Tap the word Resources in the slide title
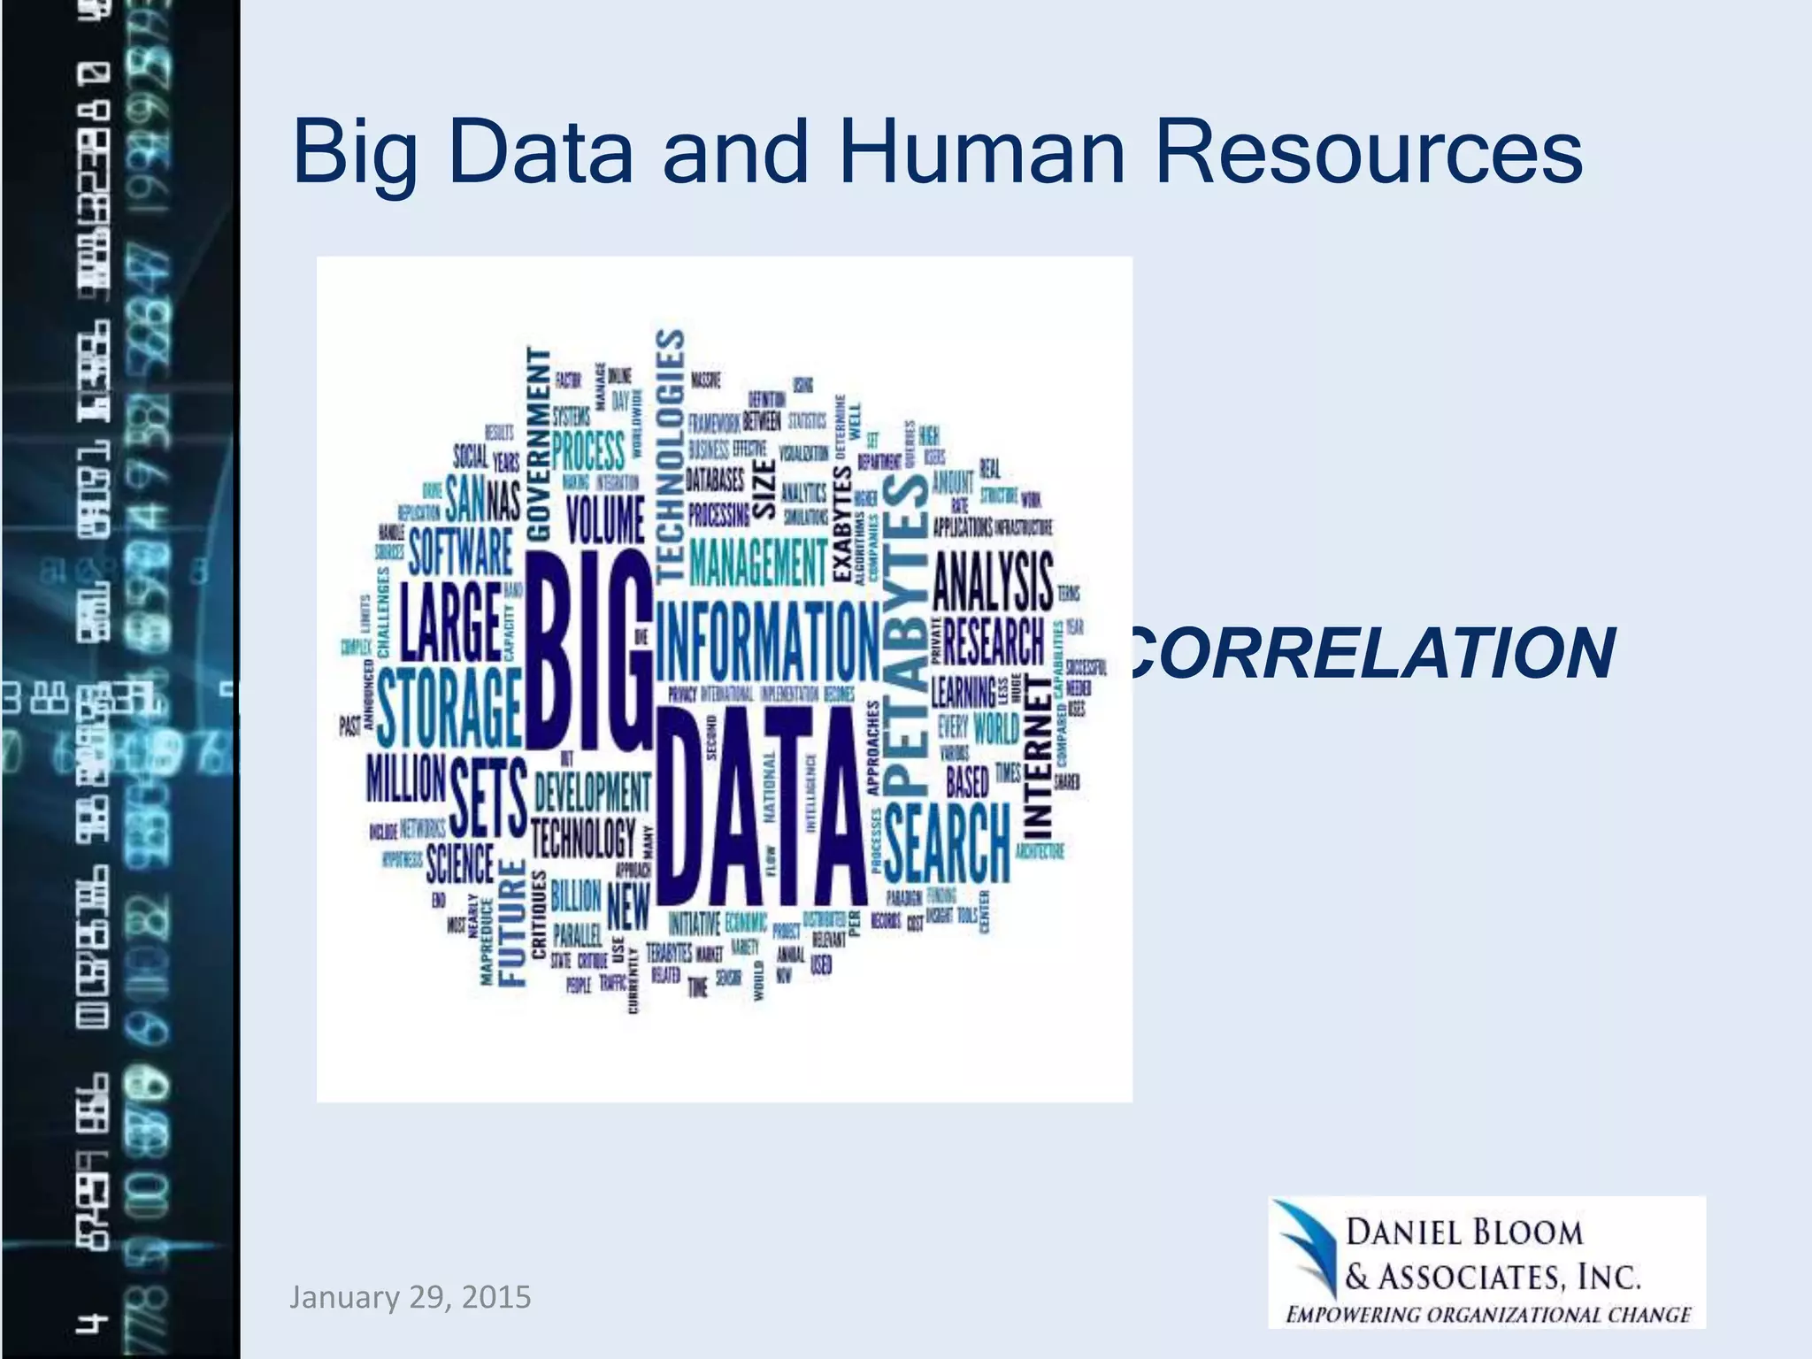coord(1368,152)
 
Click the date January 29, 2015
coord(411,1297)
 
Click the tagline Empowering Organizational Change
coord(1488,1315)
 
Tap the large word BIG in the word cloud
coord(588,650)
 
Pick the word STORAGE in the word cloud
coord(449,708)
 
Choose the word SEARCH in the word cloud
coord(947,842)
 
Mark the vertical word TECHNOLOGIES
coord(671,456)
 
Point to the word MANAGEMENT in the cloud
coord(757,563)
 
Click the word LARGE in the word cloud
coord(451,622)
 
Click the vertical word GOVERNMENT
coord(539,442)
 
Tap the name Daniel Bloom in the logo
coord(1463,1232)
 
